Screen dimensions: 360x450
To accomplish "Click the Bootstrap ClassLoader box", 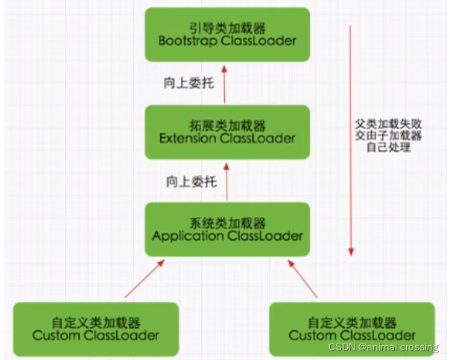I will pos(227,34).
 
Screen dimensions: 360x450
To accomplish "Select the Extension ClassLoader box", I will pos(227,131).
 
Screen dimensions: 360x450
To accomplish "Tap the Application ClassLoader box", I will pos(227,229).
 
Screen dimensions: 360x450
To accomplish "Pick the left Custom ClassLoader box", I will pos(95,328).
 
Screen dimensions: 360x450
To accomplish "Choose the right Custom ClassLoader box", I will pos(352,328).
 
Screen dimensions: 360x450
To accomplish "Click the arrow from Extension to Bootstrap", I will pos(227,83).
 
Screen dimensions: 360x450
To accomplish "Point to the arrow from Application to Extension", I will pos(227,180).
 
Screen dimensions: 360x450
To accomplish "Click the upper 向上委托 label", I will pos(188,82).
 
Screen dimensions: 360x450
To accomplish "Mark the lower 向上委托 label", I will pos(188,181).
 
